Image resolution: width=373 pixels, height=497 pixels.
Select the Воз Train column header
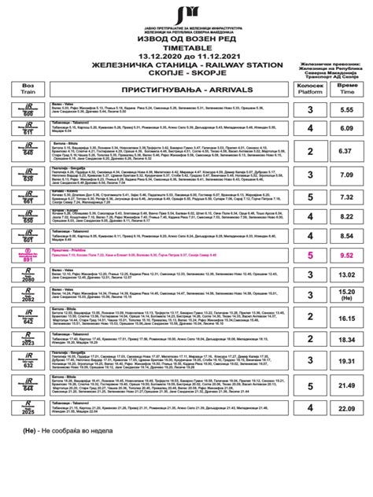click(29, 91)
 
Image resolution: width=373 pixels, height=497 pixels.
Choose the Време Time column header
click(346, 91)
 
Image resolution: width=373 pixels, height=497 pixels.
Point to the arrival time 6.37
click(346, 152)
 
